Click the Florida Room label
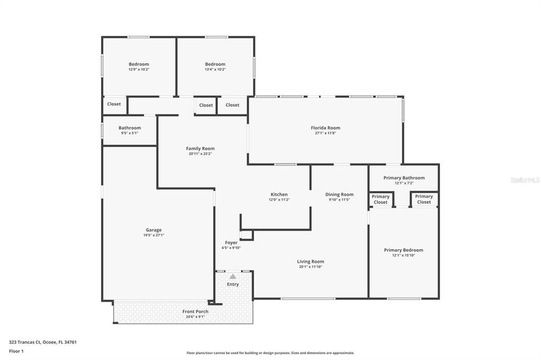tap(325, 128)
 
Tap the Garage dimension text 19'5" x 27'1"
tap(154, 235)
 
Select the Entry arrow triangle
tap(232, 276)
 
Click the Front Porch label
tap(195, 311)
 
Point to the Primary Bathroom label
tap(404, 178)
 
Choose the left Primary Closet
tap(380, 200)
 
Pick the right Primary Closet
tap(424, 199)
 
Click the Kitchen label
tap(279, 194)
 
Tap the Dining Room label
tap(339, 194)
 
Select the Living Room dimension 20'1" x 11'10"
tap(311, 267)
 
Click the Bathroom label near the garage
tap(129, 128)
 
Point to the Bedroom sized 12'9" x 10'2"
tap(139, 64)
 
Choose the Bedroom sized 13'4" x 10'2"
tap(215, 64)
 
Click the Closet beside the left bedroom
tap(114, 104)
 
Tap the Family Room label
tap(200, 148)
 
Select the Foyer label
tap(231, 243)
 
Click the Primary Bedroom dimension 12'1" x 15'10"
tap(404, 255)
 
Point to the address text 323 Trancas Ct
tap(43, 342)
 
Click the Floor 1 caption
tap(16, 351)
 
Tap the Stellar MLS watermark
tap(525, 180)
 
